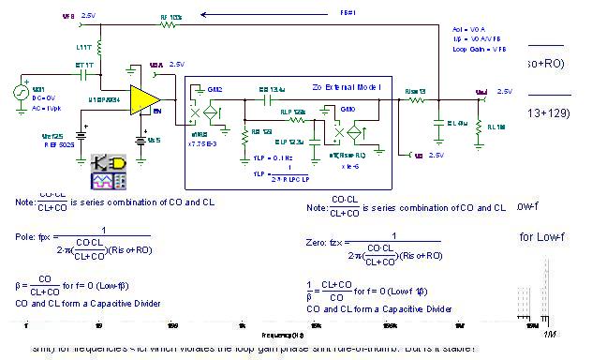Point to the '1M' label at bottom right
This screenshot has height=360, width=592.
[549, 335]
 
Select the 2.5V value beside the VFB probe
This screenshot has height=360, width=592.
[88, 16]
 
